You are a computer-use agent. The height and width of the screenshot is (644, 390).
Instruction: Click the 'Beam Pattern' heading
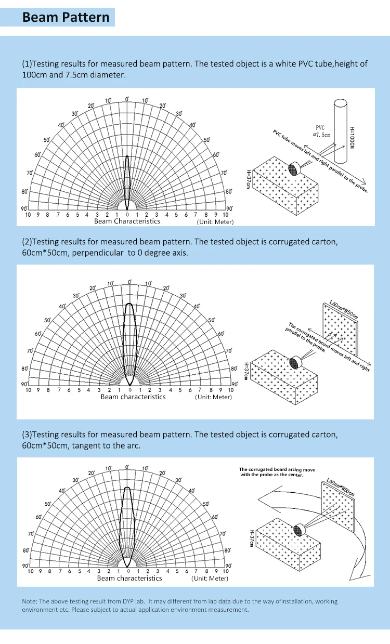pyautogui.click(x=66, y=17)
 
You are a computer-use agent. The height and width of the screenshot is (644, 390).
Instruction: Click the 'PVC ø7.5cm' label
pyautogui.click(x=320, y=131)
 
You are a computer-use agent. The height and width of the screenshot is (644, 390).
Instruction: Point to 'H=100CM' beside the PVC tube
pyautogui.click(x=352, y=138)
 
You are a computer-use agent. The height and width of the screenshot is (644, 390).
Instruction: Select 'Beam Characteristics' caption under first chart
pyautogui.click(x=127, y=221)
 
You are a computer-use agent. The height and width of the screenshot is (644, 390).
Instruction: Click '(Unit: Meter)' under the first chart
pyautogui.click(x=215, y=222)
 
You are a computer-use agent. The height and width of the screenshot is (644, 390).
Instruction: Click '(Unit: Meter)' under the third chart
pyautogui.click(x=210, y=579)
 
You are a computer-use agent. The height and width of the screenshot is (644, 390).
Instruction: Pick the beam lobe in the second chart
pyautogui.click(x=129, y=343)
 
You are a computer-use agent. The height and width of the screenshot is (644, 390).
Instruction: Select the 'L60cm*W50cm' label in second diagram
pyautogui.click(x=344, y=309)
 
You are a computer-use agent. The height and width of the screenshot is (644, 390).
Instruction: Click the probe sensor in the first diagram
pyautogui.click(x=294, y=169)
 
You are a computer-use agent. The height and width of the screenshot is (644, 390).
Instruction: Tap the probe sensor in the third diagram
pyautogui.click(x=299, y=530)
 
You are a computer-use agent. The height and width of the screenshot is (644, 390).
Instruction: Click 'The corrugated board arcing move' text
pyautogui.click(x=277, y=469)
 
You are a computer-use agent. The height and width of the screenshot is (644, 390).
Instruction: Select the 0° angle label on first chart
pyautogui.click(x=127, y=99)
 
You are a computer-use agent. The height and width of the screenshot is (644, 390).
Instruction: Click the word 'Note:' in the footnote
pyautogui.click(x=29, y=601)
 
